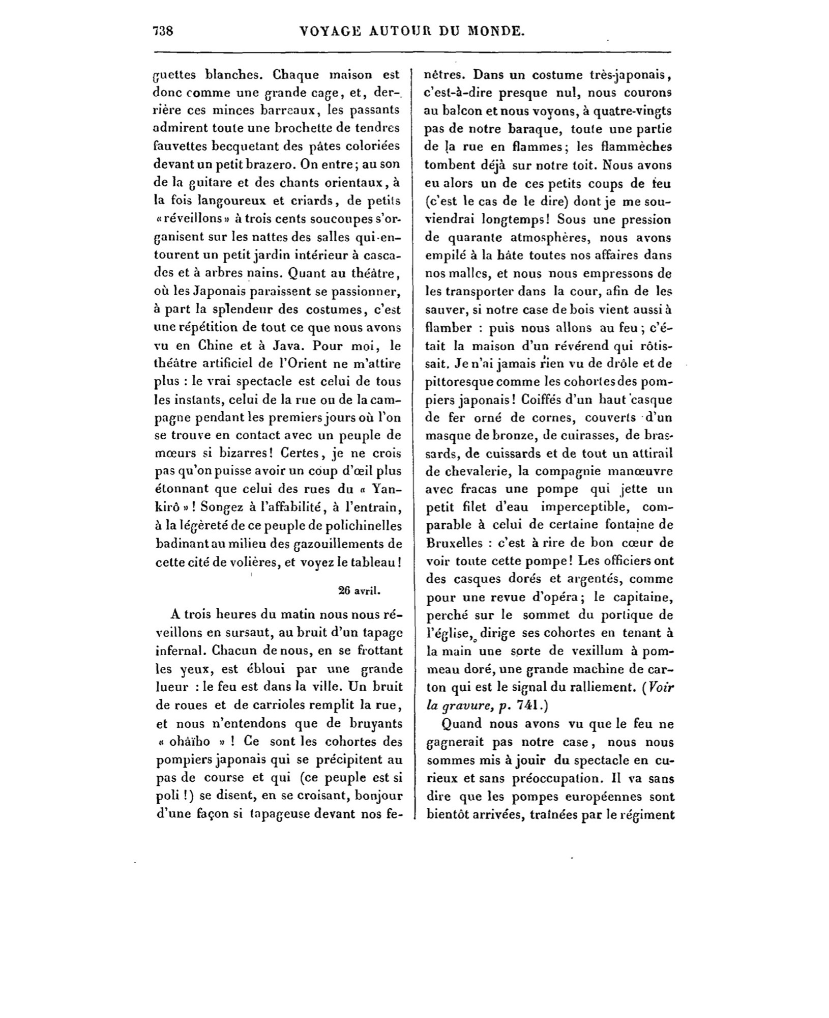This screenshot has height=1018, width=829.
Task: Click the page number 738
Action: click(x=163, y=31)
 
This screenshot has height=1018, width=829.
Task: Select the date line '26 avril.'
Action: click(x=359, y=590)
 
